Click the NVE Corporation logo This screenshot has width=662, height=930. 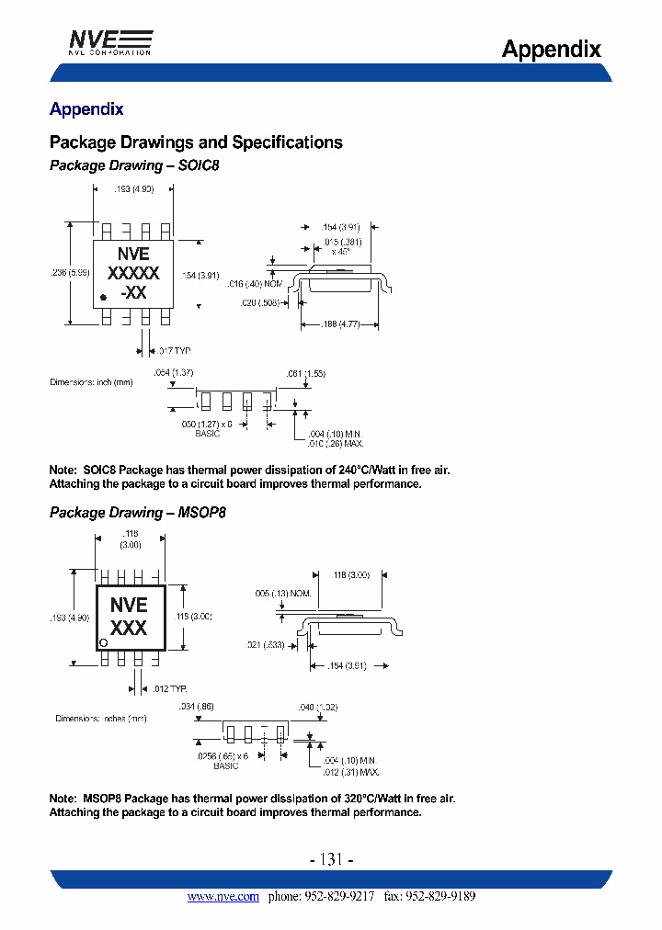pos(110,41)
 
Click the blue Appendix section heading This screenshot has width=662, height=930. pos(86,109)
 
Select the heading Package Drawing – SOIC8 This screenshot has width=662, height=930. pos(134,166)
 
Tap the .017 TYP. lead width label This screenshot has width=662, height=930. pos(173,351)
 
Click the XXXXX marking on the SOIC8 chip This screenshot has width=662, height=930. pos(133,273)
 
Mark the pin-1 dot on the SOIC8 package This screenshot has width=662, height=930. pos(103,296)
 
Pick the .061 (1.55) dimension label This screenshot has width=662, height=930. pos(305,373)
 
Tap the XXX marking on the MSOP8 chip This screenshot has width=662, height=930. pos(129,629)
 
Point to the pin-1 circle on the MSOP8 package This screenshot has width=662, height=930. pos(104,641)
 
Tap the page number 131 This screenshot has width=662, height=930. pos(331,860)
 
